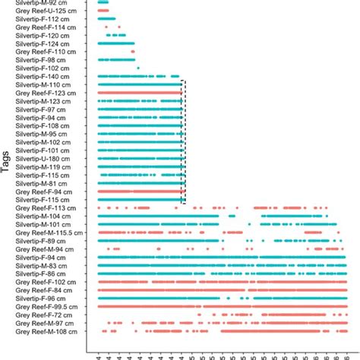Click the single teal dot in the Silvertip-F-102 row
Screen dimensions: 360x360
[137, 68]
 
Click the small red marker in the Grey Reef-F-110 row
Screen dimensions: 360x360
[133, 52]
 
